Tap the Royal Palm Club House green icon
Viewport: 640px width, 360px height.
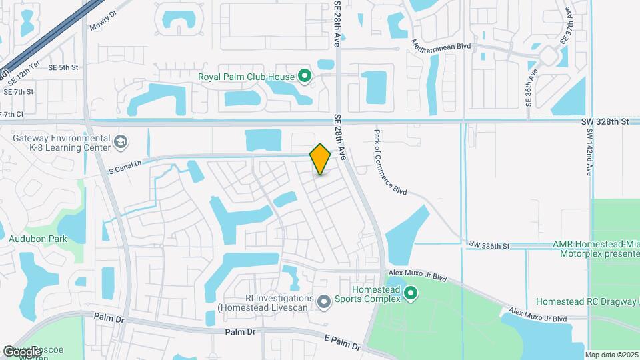pos(305,76)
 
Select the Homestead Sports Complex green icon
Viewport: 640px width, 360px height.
pos(411,292)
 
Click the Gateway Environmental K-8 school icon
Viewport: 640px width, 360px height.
pos(121,141)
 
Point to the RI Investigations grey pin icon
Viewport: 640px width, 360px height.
pos(324,303)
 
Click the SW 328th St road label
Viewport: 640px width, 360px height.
pos(605,121)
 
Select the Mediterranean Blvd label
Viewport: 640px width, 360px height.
pos(441,45)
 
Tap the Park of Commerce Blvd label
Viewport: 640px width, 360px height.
pos(390,162)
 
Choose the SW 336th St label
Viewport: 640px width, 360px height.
pos(489,246)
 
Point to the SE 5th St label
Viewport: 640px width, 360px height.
pos(69,67)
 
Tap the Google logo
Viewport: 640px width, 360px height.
pos(22,351)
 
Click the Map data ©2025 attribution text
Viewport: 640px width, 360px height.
pos(611,355)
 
